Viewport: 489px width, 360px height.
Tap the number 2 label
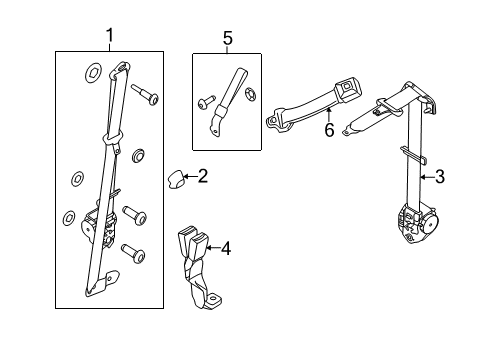(x=202, y=177)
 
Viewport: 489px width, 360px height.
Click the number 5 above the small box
(x=227, y=38)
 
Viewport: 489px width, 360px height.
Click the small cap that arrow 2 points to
(x=177, y=179)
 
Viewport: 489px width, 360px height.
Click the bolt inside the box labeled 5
(x=205, y=101)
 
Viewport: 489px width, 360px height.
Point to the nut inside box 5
(x=250, y=96)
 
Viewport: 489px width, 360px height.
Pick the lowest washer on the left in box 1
(x=69, y=217)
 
